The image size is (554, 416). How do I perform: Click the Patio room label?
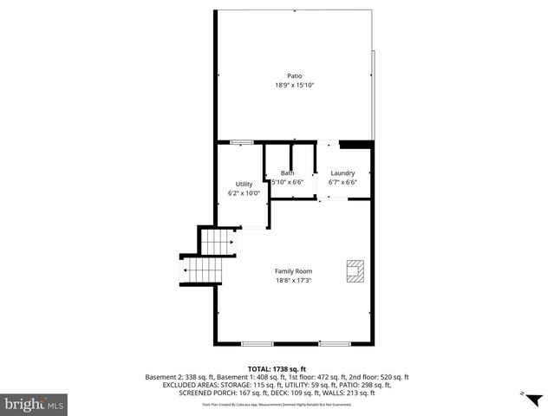point(295,75)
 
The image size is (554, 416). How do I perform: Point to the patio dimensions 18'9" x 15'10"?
point(295,85)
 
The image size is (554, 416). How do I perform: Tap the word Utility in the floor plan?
point(244,184)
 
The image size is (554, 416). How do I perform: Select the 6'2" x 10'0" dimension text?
point(244,193)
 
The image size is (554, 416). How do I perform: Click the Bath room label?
point(287,173)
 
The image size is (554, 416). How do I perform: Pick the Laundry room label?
point(342,173)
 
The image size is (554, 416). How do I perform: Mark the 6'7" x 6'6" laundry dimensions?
point(342,182)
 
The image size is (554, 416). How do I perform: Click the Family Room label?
point(293,271)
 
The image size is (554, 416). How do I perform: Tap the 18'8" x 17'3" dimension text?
point(293,281)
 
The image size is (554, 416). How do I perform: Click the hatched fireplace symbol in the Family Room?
point(355,271)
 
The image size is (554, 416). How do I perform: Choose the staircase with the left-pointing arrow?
point(201,271)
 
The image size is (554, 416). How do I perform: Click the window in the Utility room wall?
point(242,142)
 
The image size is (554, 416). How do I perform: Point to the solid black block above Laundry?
point(355,144)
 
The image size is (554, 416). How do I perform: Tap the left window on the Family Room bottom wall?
point(257,344)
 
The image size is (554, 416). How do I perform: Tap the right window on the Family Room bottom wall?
point(333,344)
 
